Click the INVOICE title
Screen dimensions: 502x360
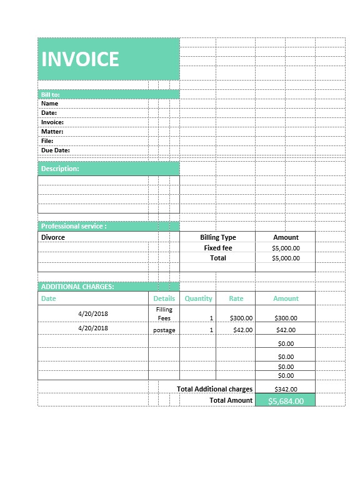coord(80,59)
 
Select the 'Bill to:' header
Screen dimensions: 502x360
coord(50,94)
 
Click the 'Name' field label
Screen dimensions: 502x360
coord(49,104)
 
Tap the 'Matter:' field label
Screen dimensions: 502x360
coord(52,132)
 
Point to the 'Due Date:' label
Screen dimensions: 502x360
coord(55,150)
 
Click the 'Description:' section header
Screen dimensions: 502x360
coord(60,169)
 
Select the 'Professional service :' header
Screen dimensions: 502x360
coord(73,226)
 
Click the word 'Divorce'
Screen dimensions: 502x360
coord(53,237)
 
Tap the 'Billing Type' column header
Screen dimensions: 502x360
coord(217,237)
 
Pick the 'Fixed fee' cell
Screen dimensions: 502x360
coord(217,248)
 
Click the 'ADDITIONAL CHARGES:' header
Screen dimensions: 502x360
coord(77,287)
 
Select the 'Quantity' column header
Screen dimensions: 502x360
coord(198,298)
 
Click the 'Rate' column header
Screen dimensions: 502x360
coord(236,298)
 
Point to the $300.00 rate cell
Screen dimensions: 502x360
coord(241,318)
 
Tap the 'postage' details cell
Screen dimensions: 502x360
coord(164,330)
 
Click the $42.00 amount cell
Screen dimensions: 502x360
coord(286,330)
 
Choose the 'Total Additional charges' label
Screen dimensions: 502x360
coord(214,389)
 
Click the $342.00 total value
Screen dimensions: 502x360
coord(286,389)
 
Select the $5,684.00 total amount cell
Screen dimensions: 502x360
coord(286,401)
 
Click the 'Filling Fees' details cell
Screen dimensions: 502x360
coord(164,313)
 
